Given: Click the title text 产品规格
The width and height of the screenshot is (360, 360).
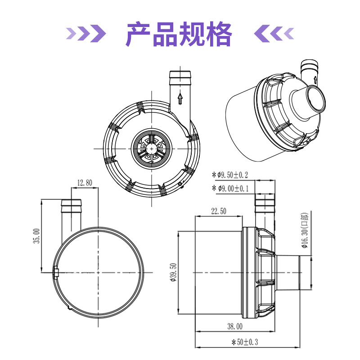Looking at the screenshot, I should pos(179,34).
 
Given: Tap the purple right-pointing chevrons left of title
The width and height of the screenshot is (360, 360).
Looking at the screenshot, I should pos(86,32).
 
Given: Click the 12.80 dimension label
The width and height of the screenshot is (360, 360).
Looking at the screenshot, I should pos(84,183).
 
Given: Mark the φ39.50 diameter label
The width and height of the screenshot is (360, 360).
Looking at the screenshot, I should pos(173,272).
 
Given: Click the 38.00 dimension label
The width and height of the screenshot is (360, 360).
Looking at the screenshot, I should pos(234,326).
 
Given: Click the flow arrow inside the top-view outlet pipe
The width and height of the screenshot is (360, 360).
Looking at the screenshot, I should pos(180,98).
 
